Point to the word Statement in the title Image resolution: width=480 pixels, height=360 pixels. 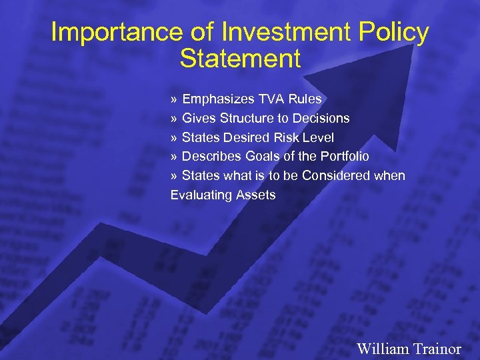(240, 59)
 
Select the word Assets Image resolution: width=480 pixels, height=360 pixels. (254, 195)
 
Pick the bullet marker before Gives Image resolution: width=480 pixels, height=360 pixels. (174, 119)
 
